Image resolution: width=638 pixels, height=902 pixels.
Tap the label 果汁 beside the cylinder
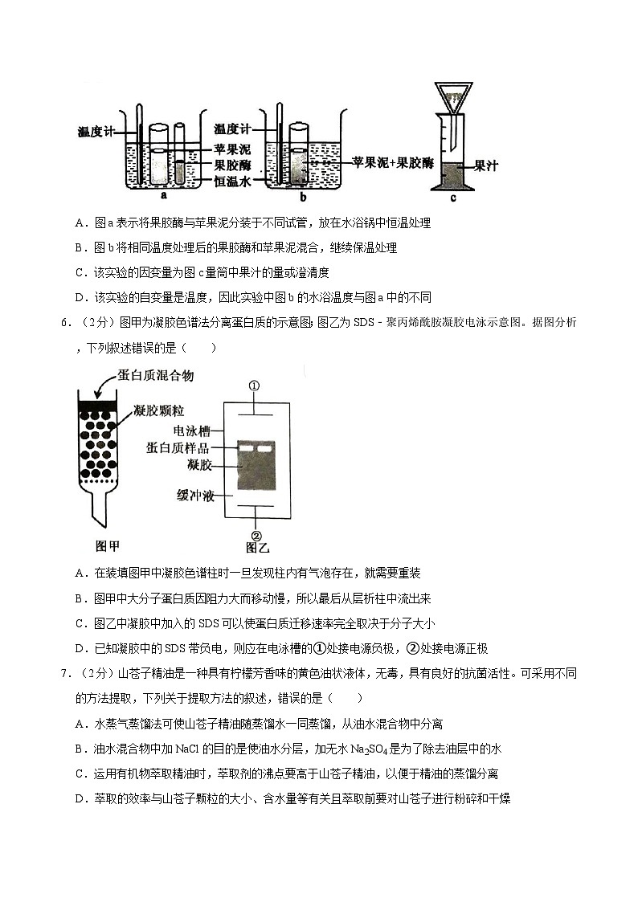point(486,166)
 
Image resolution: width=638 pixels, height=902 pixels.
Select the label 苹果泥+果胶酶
point(393,162)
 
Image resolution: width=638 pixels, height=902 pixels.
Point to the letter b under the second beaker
point(302,196)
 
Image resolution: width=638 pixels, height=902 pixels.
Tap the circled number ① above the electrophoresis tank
point(255,386)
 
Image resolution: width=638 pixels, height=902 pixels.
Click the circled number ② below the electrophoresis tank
point(256,536)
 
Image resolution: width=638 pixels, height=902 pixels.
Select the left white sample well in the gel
point(246,447)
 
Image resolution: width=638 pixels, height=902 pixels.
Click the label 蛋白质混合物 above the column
point(155,376)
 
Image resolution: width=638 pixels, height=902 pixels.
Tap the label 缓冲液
point(195,496)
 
